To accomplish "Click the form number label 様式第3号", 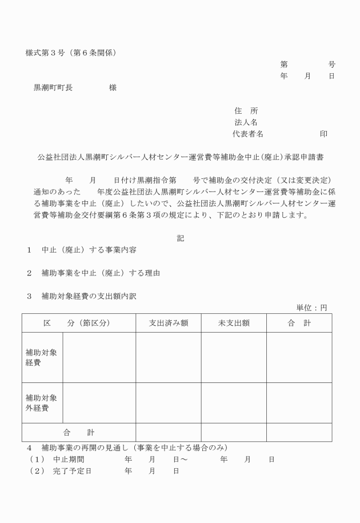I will tap(47, 53).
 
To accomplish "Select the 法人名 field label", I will tap(246, 122).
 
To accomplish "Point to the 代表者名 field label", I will tap(247, 134).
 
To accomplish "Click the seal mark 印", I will tap(323, 134).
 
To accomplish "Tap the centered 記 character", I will tap(181, 238).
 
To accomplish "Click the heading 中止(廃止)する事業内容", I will tap(89, 250).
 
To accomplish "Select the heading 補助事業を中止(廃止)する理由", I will tap(101, 273).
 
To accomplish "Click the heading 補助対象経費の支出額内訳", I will tap(89, 296).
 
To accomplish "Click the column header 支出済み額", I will tap(168, 323).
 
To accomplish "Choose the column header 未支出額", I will tap(234, 323).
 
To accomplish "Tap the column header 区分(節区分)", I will tap(77, 323).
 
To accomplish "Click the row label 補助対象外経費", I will tap(41, 403).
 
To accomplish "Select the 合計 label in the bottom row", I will tap(78, 432).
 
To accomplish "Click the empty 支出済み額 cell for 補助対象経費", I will tap(168, 357).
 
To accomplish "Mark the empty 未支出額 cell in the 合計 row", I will tap(234, 432).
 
